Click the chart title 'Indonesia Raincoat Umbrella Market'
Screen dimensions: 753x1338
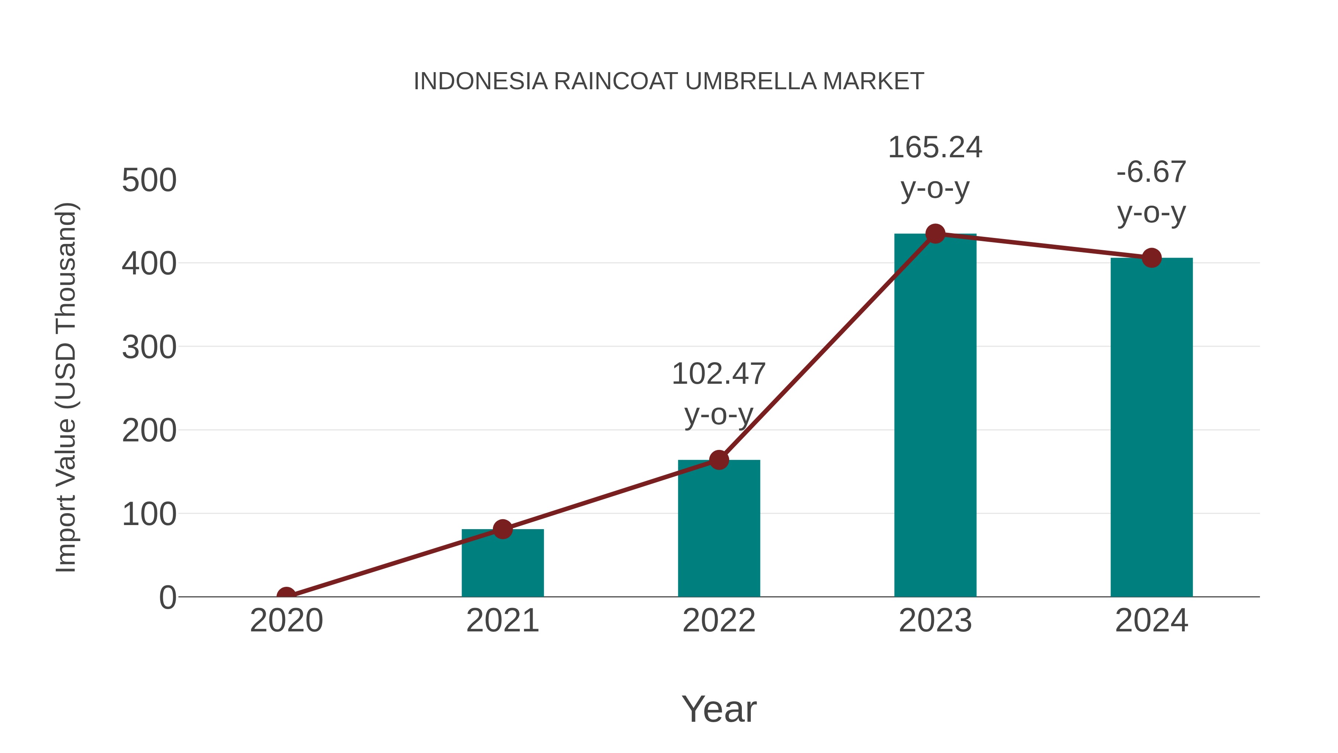click(x=669, y=81)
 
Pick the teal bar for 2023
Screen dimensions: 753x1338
click(x=935, y=416)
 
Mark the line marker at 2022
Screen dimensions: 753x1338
click(x=719, y=460)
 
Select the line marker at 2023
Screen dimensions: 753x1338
click(x=935, y=234)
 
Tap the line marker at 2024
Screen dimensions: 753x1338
click(x=1151, y=258)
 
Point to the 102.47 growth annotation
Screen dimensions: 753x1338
click(x=719, y=393)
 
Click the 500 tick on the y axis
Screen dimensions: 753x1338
click(x=149, y=181)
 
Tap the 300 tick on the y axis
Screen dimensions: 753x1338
click(x=149, y=348)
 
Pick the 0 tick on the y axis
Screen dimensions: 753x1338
click(x=168, y=598)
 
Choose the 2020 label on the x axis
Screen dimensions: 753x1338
click(x=286, y=621)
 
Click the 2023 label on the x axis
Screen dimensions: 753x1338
click(x=935, y=621)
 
